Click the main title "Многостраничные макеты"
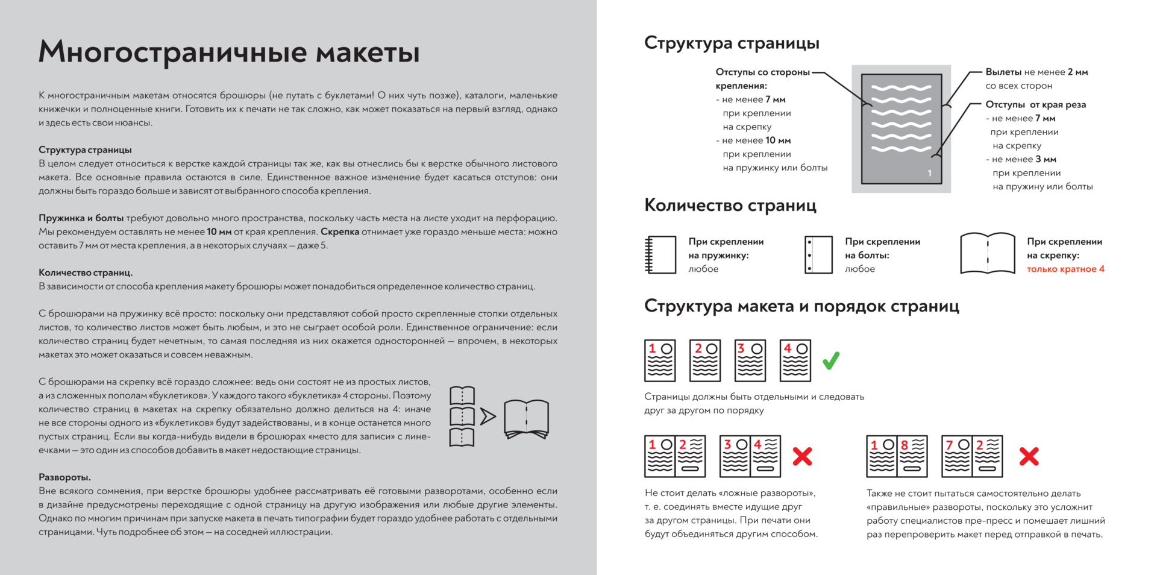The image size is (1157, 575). pyautogui.click(x=229, y=52)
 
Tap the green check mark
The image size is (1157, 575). pyautogui.click(x=831, y=360)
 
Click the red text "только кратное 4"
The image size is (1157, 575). pyautogui.click(x=1065, y=269)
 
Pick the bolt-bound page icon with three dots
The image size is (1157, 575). pyautogui.click(x=818, y=255)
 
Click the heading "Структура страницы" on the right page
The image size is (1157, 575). pyautogui.click(x=732, y=43)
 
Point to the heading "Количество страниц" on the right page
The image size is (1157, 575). pyautogui.click(x=730, y=206)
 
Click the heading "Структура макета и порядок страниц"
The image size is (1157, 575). pyautogui.click(x=801, y=306)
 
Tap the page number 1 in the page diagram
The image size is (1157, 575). pyautogui.click(x=929, y=173)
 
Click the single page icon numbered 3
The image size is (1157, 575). pyautogui.click(x=750, y=360)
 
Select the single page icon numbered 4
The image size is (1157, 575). pyautogui.click(x=795, y=360)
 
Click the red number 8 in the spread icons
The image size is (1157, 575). pyautogui.click(x=904, y=445)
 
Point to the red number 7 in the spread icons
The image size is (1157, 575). pyautogui.click(x=949, y=445)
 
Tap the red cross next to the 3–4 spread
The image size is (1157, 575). pyautogui.click(x=802, y=456)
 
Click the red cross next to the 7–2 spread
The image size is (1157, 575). pyautogui.click(x=1029, y=456)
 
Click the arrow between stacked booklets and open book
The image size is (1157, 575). pyautogui.click(x=488, y=416)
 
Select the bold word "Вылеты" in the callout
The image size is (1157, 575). pyautogui.click(x=1003, y=72)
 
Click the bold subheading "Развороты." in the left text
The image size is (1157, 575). pyautogui.click(x=64, y=477)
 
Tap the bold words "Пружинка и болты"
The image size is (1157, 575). pyautogui.click(x=81, y=218)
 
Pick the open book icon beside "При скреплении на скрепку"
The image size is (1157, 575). pyautogui.click(x=988, y=254)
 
